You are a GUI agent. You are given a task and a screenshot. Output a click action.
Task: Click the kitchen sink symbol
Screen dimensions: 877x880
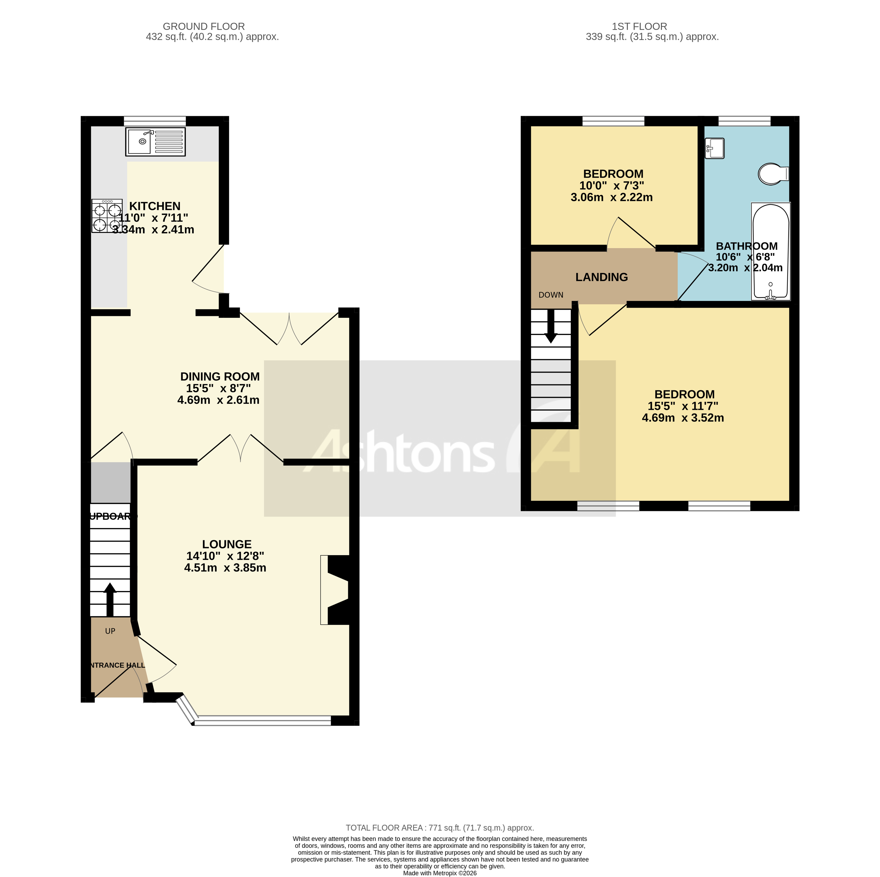coord(155,142)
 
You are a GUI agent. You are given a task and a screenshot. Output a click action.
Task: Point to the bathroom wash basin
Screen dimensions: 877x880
coord(714,148)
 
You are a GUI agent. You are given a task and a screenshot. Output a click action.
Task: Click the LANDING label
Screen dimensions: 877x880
coord(601,277)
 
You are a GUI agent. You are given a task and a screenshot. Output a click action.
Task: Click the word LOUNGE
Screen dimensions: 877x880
coord(226,544)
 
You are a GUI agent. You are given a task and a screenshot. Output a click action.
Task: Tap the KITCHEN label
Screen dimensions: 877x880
coord(155,206)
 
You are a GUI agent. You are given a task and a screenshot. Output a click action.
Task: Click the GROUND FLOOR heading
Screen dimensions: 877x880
coord(204,27)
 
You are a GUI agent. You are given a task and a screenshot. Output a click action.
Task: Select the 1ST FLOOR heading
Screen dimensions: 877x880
coord(639,27)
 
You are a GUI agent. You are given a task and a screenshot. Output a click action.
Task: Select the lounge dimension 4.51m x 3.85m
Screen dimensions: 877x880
coord(225,567)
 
